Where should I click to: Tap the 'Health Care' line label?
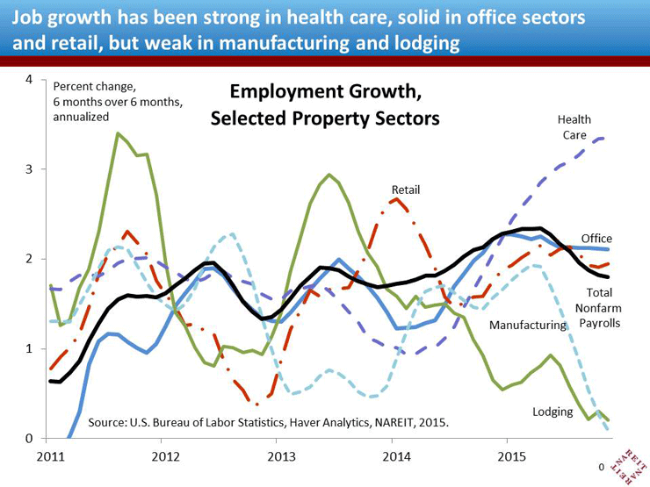coord(576,127)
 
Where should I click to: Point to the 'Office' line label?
coord(596,239)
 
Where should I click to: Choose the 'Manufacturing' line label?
coord(528,326)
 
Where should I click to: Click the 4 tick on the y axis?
coord(29,80)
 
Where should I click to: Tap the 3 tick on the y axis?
coord(29,169)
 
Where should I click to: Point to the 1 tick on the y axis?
coord(29,348)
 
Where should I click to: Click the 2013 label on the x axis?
coord(281,457)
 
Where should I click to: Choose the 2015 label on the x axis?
coord(512,457)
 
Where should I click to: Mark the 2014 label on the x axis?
coord(397,457)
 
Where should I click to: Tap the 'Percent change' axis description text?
coord(119,101)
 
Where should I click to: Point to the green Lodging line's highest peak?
coord(118,133)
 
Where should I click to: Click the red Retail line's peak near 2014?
coord(397,199)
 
